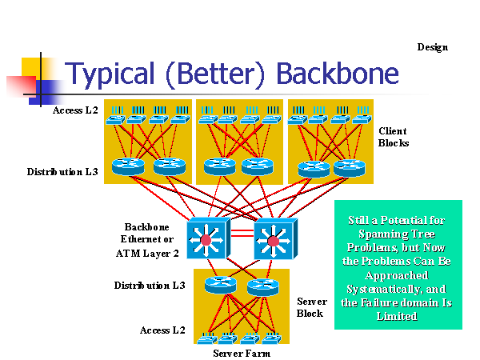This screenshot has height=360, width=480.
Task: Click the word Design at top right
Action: [432, 47]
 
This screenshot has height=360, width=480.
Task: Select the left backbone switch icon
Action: [207, 238]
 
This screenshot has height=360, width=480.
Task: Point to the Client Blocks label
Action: [393, 137]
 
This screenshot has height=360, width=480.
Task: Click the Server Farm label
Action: [242, 353]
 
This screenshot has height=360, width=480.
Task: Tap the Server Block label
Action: [310, 307]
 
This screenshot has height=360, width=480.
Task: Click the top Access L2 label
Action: [75, 110]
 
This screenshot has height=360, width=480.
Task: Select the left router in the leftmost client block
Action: [127, 166]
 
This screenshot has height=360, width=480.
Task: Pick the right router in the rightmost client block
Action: [349, 168]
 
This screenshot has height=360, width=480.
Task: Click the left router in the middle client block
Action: [219, 166]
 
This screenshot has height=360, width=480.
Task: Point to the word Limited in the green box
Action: [398, 316]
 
